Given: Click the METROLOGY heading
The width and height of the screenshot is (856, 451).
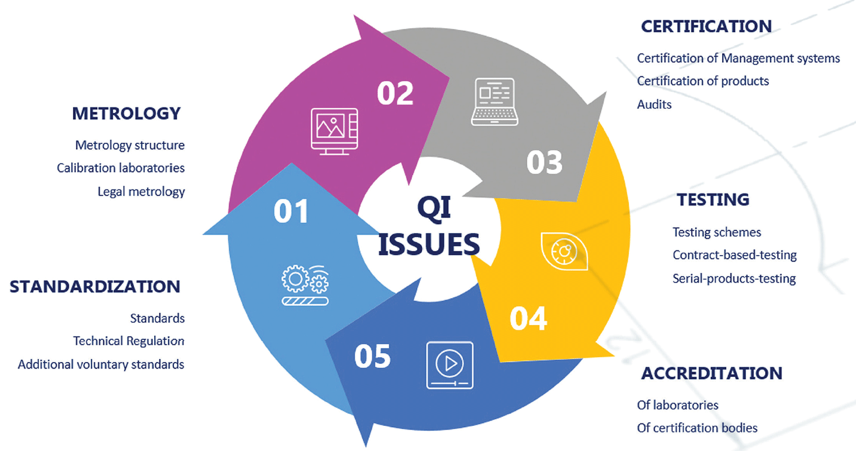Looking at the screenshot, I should (x=126, y=113).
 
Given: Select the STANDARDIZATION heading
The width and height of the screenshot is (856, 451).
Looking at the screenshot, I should (x=95, y=287).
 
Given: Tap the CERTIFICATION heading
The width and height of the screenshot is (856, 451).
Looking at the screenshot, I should (x=706, y=26).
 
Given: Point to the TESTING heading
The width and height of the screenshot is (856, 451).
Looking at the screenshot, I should (x=713, y=200).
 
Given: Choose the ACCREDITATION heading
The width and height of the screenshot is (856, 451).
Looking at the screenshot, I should (x=711, y=373).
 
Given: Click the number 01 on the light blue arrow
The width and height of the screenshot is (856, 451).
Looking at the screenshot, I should (x=291, y=211).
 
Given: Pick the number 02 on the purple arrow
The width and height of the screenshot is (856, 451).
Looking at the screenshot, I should (x=395, y=94).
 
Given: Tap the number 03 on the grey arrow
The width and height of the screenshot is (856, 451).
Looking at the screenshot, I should (x=545, y=162).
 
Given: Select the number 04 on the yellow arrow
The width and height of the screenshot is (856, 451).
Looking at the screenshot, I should (x=528, y=318).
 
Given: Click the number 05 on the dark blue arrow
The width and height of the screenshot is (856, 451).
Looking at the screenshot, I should (x=372, y=356).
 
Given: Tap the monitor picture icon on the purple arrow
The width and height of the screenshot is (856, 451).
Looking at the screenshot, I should (x=334, y=131).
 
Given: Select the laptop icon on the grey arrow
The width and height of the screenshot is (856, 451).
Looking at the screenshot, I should (x=492, y=102).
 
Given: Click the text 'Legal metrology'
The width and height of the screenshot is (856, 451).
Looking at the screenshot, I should (x=141, y=192).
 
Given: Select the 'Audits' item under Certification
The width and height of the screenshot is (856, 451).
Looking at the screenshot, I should (x=654, y=105).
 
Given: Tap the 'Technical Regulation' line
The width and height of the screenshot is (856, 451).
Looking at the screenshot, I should (x=129, y=341).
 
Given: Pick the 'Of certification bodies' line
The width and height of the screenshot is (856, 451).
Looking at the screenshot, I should (x=697, y=428).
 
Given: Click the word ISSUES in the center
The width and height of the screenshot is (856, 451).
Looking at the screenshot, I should (x=429, y=244).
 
